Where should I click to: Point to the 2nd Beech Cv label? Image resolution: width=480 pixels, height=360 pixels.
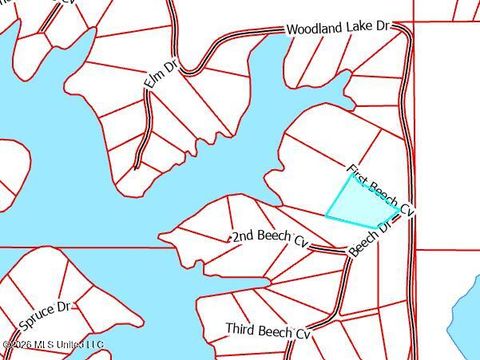(x=269, y=237)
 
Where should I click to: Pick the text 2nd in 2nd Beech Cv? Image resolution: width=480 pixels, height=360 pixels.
(x=243, y=237)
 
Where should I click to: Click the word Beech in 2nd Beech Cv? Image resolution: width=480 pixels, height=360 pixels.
(x=273, y=237)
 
